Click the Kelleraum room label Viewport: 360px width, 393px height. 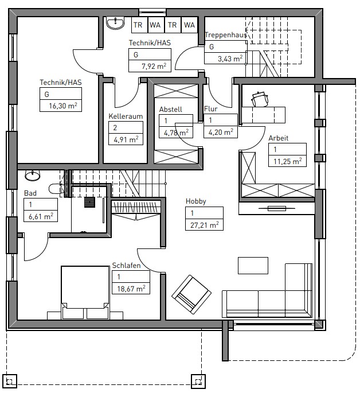click(126, 116)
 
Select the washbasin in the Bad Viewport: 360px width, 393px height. click(33, 175)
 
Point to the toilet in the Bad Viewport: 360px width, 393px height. click(56, 189)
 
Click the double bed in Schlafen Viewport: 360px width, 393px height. click(85, 292)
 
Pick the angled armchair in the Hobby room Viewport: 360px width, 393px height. click(191, 294)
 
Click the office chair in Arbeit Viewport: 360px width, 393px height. click(260, 99)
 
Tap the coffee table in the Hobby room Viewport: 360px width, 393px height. click(253, 266)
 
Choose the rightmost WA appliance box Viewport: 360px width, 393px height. click(189, 25)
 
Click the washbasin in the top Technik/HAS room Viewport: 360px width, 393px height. click(115, 23)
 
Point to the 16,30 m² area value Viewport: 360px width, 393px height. click(63, 106)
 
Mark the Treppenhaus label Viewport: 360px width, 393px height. click(226, 35)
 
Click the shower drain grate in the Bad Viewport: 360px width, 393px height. click(89, 202)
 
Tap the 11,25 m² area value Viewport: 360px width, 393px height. click(287, 161)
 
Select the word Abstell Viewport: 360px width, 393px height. click(170, 110)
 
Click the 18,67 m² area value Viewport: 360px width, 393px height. click(131, 289)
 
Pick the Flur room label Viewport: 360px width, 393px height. click(210, 109)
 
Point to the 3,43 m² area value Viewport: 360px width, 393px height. click(230, 59)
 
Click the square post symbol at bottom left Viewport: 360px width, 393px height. click(10, 382)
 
